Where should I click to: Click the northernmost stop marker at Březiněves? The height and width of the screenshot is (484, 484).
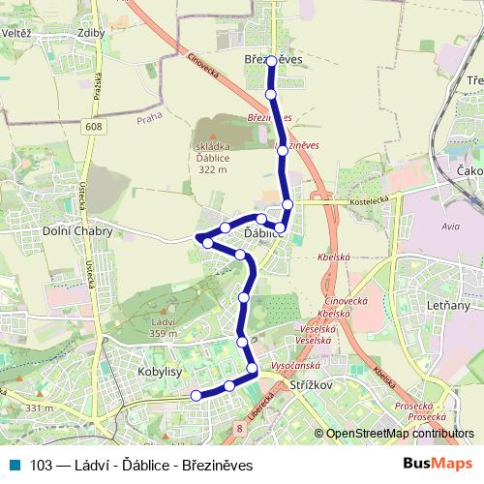coord(271,61)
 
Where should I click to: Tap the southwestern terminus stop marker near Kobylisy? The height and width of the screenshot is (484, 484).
coord(196,395)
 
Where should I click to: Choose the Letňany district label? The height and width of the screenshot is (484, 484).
coord(446,306)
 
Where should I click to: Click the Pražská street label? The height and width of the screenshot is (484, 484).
coord(98,92)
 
